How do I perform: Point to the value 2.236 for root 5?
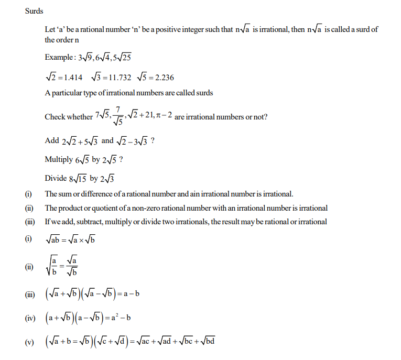point(162,78)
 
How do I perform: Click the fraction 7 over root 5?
point(118,117)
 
